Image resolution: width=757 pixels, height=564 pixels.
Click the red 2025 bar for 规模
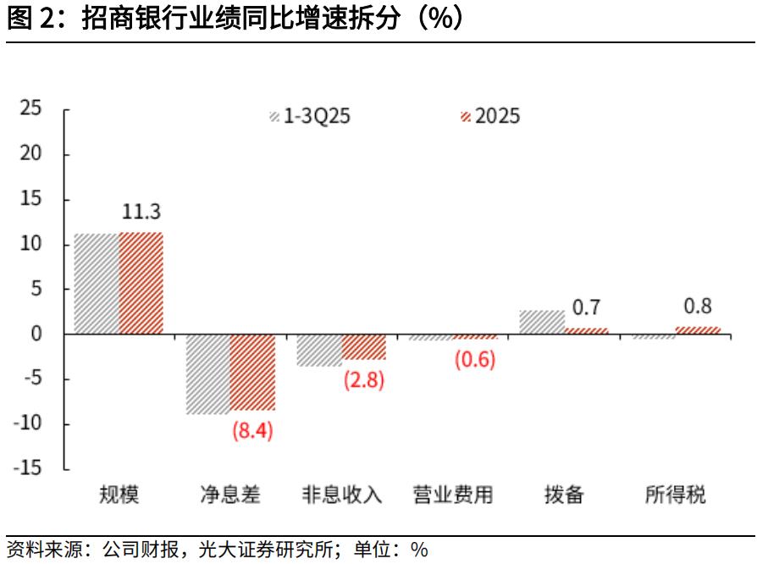coord(141,283)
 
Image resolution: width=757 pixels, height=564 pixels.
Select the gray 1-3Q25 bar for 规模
coord(97,284)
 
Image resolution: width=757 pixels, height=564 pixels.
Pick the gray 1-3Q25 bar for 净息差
coord(208,374)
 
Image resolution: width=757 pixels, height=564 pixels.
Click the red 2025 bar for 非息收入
coord(364,347)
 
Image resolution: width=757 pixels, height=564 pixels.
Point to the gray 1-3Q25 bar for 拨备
coord(542,323)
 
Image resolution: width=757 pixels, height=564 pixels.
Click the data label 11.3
coord(140,211)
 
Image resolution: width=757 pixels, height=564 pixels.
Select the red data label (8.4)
coord(252,431)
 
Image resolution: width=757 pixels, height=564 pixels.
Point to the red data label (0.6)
coord(475,359)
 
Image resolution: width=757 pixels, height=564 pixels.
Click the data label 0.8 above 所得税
coord(697,307)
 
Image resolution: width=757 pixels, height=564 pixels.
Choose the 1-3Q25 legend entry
coord(309,116)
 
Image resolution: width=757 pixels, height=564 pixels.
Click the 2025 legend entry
coord(489,116)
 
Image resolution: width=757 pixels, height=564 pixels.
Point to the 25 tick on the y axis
coord(31,108)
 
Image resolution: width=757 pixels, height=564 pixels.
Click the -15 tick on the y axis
coord(29,469)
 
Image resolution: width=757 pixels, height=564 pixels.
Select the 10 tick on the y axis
coord(31,244)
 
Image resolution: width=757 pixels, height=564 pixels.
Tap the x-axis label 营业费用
coord(453,495)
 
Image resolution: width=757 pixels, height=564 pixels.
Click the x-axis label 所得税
coord(676,495)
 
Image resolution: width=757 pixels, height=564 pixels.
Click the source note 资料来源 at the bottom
coord(217,549)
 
